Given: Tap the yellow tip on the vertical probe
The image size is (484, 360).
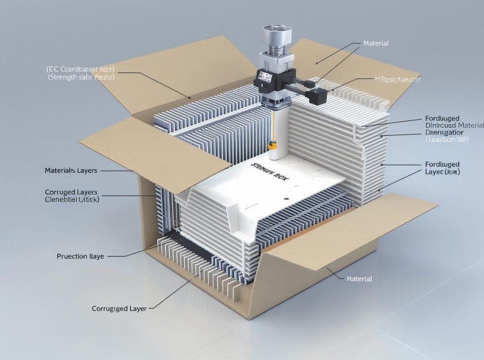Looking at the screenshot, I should pyautogui.click(x=272, y=146).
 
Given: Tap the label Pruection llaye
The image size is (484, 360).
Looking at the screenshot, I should pyautogui.click(x=80, y=256).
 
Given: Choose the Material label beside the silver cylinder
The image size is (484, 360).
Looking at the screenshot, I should pyautogui.click(x=376, y=44).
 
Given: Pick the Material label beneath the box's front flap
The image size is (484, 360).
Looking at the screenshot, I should pyautogui.click(x=359, y=279).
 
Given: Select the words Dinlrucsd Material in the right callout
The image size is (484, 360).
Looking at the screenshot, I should pyautogui.click(x=454, y=125).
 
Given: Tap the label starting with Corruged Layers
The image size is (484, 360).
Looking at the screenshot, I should pyautogui.click(x=71, y=193).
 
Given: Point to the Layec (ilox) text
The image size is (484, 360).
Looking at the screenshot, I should pyautogui.click(x=442, y=172).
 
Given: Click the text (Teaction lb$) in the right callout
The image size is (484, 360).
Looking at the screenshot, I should pyautogui.click(x=447, y=140).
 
